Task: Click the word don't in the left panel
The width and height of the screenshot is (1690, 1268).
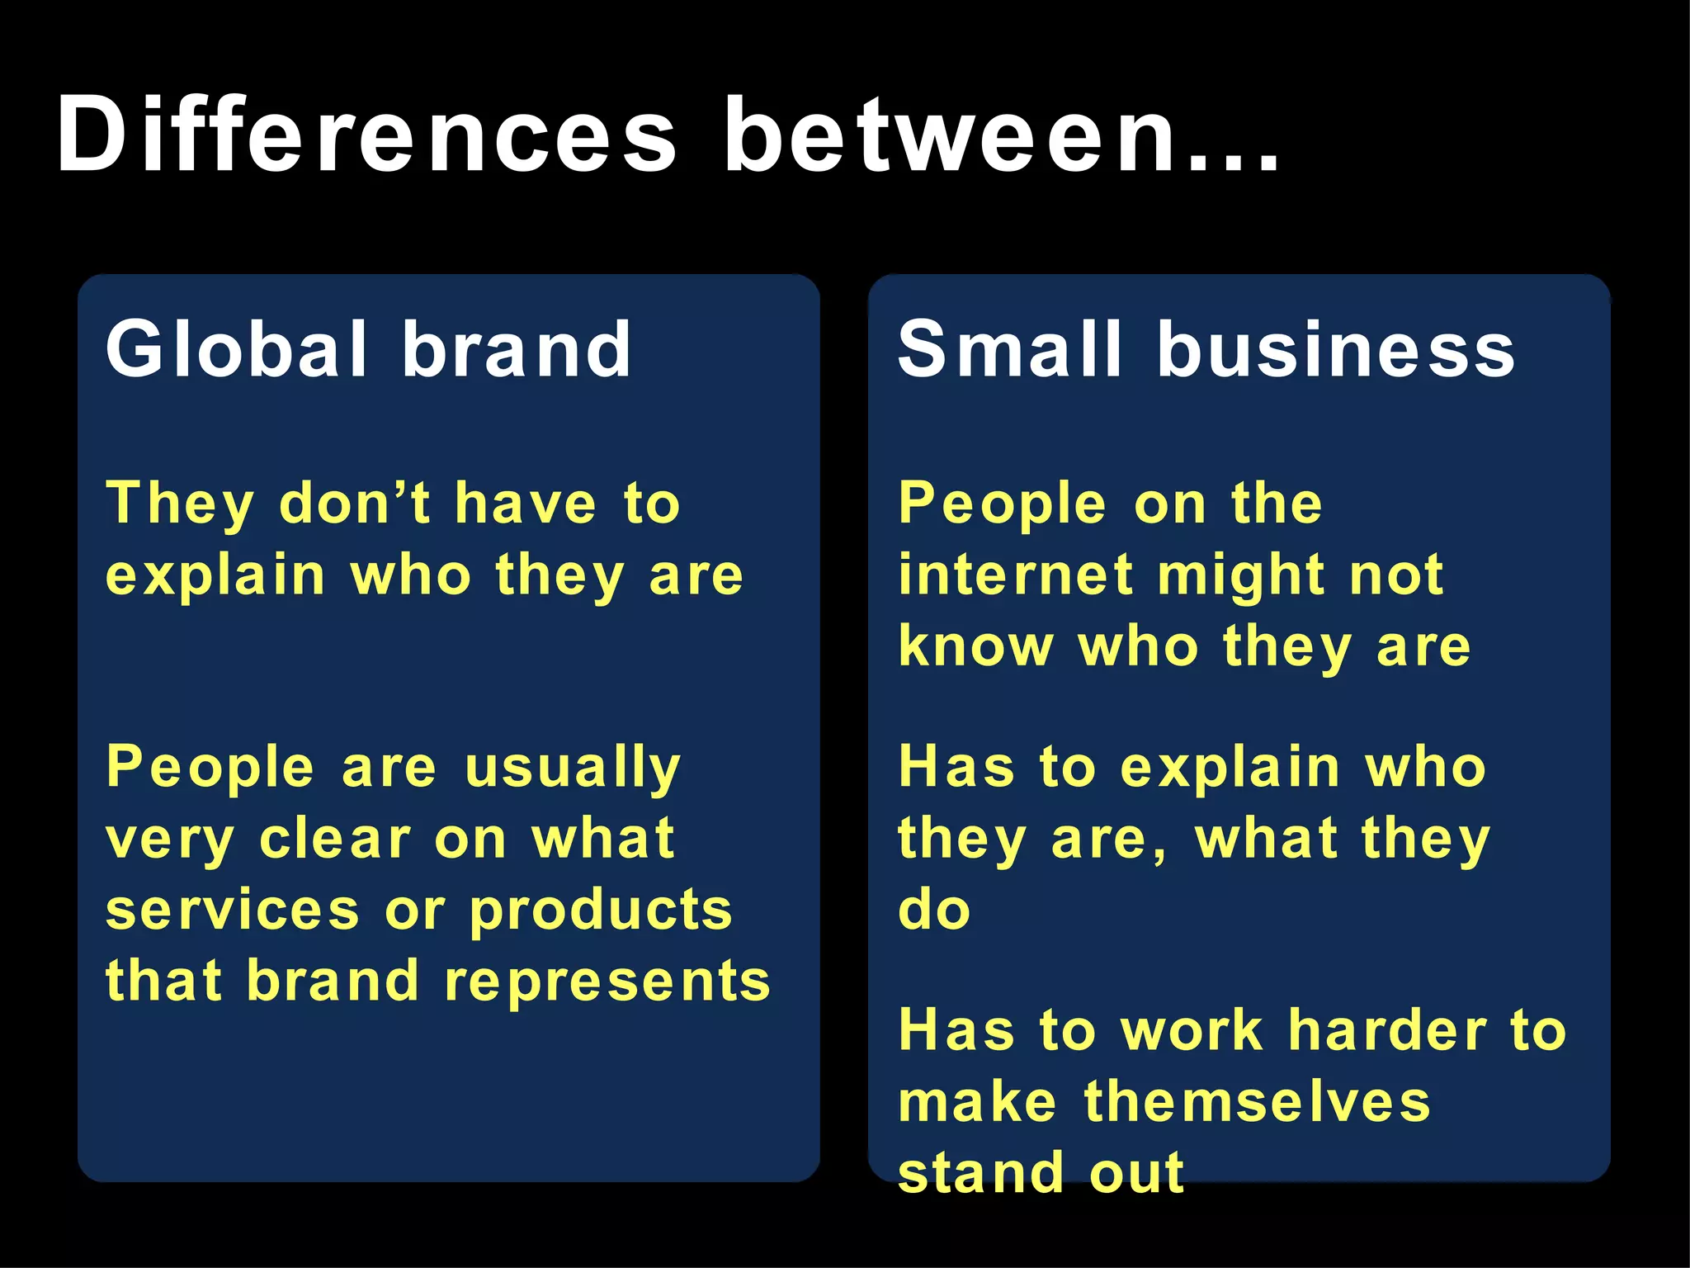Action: pyautogui.click(x=355, y=503)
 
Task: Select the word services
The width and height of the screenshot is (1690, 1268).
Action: pyautogui.click(x=233, y=910)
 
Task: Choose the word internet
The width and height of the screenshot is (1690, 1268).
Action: pyautogui.click(x=1016, y=575)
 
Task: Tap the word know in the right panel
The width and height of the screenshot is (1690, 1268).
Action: pyautogui.click(x=975, y=646)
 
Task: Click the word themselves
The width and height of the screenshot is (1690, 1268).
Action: pyautogui.click(x=1257, y=1101)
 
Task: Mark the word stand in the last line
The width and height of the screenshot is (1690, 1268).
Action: pyautogui.click(x=980, y=1172)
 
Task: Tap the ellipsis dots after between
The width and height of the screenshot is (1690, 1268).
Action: pyautogui.click(x=1230, y=162)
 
